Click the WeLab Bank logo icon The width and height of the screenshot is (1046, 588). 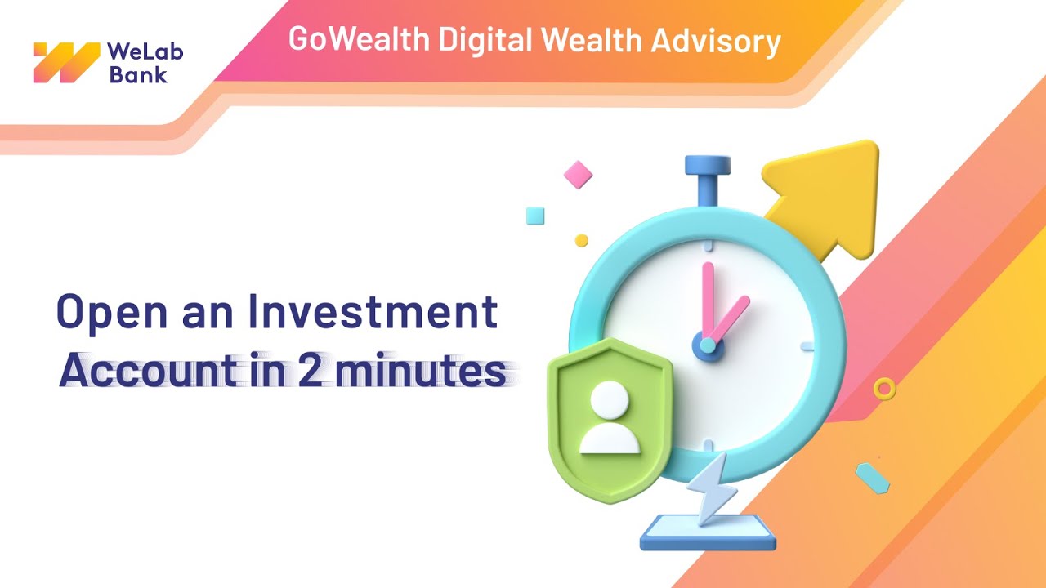[66, 62]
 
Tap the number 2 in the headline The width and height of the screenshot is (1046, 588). [311, 372]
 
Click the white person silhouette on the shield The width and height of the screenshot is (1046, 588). [610, 418]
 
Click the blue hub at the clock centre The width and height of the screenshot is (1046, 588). [708, 345]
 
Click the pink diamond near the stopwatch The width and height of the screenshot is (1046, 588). [578, 174]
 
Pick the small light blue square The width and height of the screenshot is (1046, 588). [535, 216]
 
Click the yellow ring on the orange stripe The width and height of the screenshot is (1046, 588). [883, 388]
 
